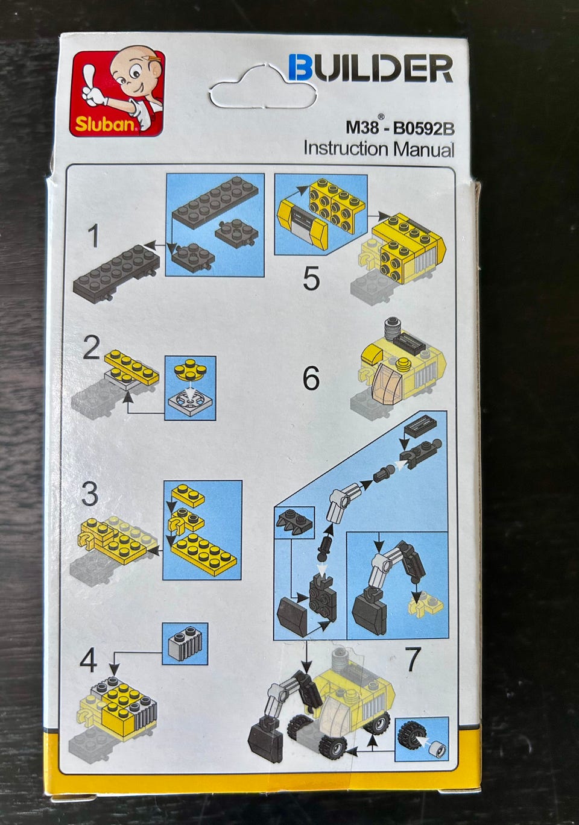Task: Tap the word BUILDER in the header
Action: click(370, 68)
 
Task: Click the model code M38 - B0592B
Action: click(400, 127)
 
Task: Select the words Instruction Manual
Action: click(379, 149)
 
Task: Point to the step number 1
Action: click(93, 236)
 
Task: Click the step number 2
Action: click(92, 348)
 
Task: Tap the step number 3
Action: click(90, 494)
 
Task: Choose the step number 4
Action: click(89, 661)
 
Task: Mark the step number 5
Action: click(311, 279)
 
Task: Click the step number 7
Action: click(413, 660)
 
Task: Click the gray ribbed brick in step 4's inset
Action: click(185, 644)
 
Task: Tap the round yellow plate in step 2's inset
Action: click(191, 369)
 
